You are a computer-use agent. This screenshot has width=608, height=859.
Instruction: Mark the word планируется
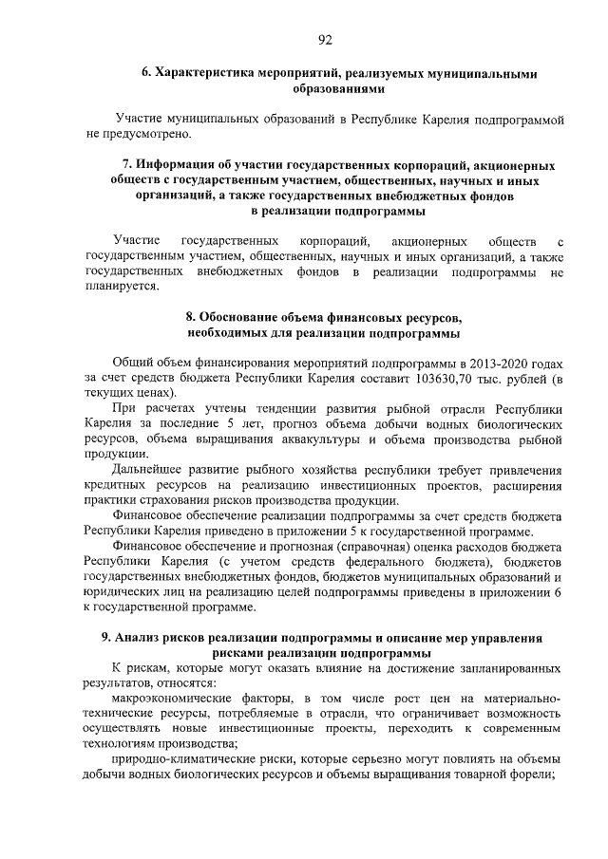(121, 287)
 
